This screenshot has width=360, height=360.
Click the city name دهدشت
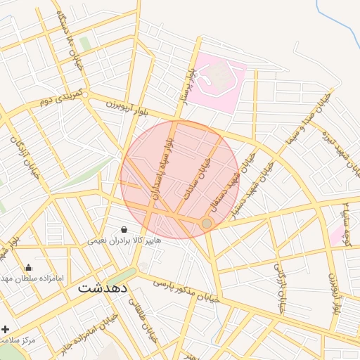coord(102,288)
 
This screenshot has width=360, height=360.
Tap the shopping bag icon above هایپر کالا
coord(124,229)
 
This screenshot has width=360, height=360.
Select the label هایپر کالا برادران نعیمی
coord(124,240)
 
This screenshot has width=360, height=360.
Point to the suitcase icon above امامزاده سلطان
coord(28,267)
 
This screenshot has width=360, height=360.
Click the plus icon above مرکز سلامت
coord(6,329)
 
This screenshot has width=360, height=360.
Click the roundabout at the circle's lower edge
coord(207,224)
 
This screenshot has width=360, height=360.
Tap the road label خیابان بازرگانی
coord(280,288)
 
